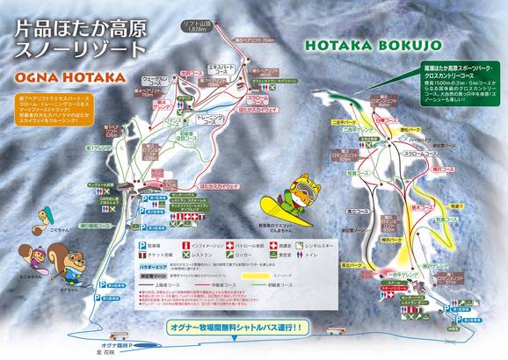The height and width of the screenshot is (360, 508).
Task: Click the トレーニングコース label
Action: tap(207, 115)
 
